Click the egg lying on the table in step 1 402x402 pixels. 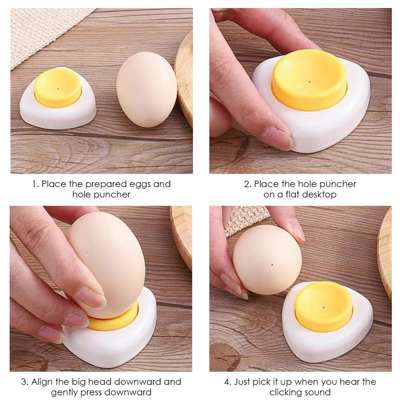click(147, 95)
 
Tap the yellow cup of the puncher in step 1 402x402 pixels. click(58, 90)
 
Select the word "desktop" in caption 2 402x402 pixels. click(319, 194)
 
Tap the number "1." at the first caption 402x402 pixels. click(35, 184)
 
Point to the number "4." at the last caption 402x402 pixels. click(228, 382)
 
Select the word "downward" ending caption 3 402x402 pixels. click(130, 392)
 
